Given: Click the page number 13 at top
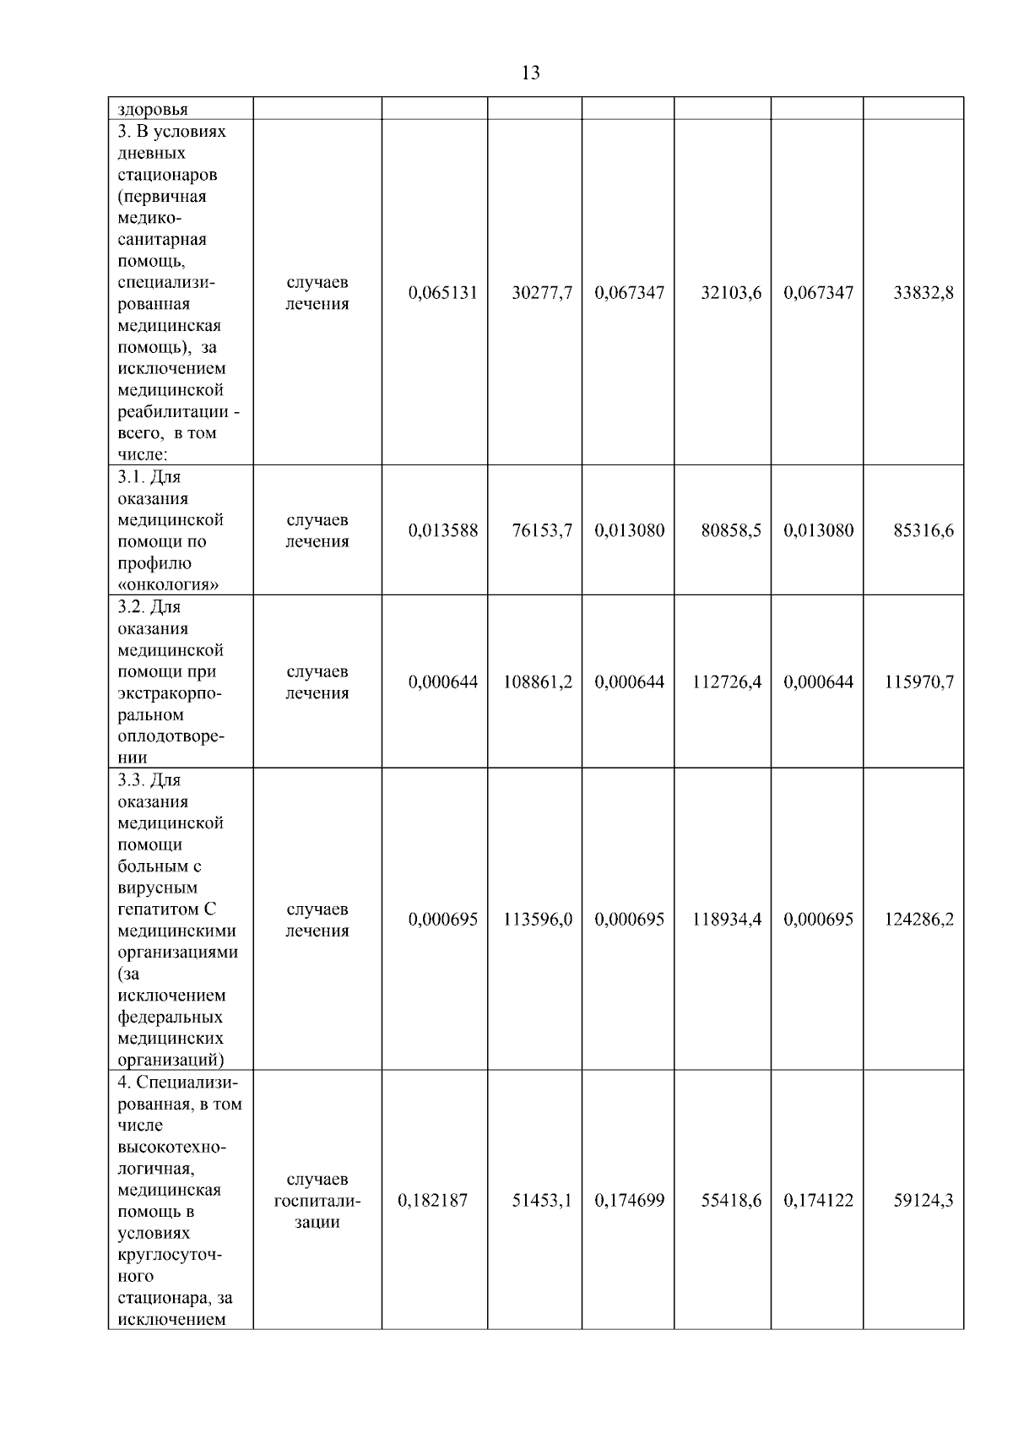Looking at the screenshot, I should (x=531, y=73).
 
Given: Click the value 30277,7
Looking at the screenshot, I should (x=542, y=293).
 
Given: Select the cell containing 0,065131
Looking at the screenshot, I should (x=442, y=293).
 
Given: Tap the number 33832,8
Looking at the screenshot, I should (x=924, y=293).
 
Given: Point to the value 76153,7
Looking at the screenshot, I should (x=542, y=530).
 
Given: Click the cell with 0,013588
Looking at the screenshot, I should (x=442, y=530).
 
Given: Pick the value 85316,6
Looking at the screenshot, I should (x=924, y=530).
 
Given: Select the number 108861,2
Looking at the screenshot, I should (x=538, y=681).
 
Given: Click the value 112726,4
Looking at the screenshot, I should (x=727, y=681).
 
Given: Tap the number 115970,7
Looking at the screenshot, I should (x=919, y=681).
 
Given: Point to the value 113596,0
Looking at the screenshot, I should (x=538, y=920).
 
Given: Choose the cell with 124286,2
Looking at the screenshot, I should (x=919, y=920).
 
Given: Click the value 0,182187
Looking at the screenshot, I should (x=432, y=1200).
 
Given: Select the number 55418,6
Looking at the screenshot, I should (x=731, y=1200).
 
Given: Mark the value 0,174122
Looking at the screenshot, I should (x=818, y=1200).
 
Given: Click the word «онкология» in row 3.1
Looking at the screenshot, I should (x=169, y=584).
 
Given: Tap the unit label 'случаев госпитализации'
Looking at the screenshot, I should (x=317, y=1200).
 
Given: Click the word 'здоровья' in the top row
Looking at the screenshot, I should (x=153, y=109).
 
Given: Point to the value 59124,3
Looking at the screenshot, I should (x=924, y=1200).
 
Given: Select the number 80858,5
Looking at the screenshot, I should (x=731, y=530).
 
